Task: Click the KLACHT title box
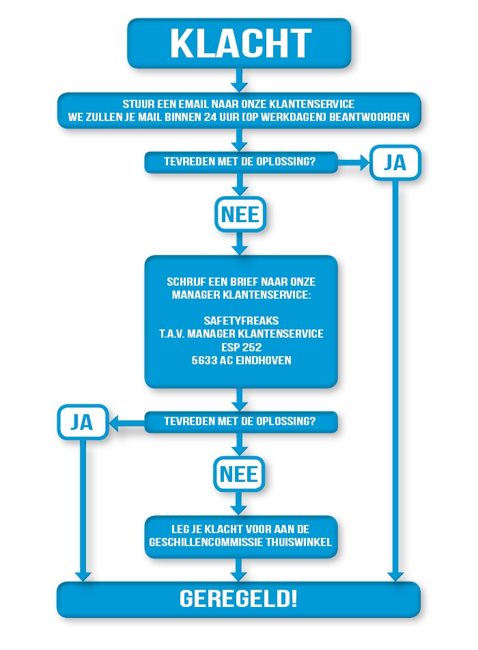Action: click(x=239, y=42)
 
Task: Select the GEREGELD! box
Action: click(x=238, y=599)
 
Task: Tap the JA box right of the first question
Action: click(x=395, y=163)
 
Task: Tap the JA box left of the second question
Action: click(x=82, y=422)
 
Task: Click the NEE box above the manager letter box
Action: click(x=240, y=215)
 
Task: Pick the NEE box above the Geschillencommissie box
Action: click(x=239, y=474)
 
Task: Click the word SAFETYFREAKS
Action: click(x=241, y=320)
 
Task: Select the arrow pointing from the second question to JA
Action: click(x=126, y=422)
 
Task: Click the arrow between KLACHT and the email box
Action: click(x=239, y=80)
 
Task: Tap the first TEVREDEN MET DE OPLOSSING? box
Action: click(x=241, y=163)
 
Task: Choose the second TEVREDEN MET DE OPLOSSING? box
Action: click(x=241, y=422)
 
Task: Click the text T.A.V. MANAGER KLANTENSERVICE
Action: click(x=241, y=333)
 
